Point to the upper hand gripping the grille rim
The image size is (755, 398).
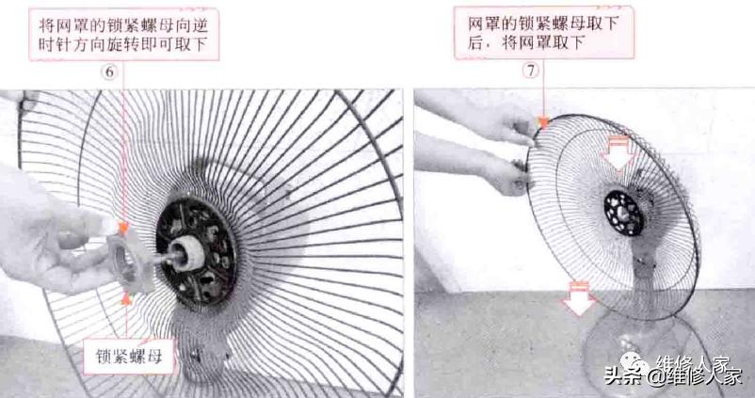click(508, 126)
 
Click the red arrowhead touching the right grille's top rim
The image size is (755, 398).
click(545, 119)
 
